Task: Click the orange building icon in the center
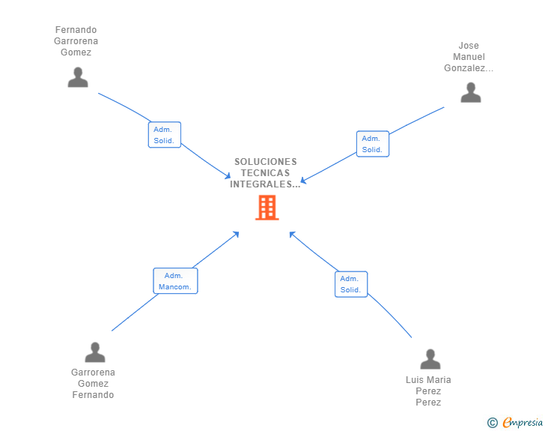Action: pyautogui.click(x=267, y=208)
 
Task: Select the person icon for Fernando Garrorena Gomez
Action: pyautogui.click(x=78, y=77)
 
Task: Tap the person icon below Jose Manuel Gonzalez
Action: pyautogui.click(x=470, y=92)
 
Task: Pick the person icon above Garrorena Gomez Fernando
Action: pyautogui.click(x=95, y=352)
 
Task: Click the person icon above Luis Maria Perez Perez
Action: pyautogui.click(x=430, y=359)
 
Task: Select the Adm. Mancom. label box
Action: pyautogui.click(x=175, y=281)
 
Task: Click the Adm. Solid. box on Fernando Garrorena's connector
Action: pyautogui.click(x=164, y=135)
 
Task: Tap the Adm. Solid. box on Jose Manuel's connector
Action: pyautogui.click(x=372, y=144)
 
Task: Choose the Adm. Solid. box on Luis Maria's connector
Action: pyautogui.click(x=350, y=284)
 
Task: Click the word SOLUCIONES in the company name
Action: pyautogui.click(x=265, y=161)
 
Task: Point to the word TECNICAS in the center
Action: pyautogui.click(x=265, y=173)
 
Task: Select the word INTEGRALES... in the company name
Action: pyautogui.click(x=265, y=184)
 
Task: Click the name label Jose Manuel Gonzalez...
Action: pyautogui.click(x=469, y=57)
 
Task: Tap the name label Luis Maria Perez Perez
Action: pyautogui.click(x=428, y=391)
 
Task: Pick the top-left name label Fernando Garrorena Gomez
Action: pyautogui.click(x=76, y=41)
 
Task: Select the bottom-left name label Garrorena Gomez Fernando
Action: pyautogui.click(x=94, y=384)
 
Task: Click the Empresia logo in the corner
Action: pyautogui.click(x=523, y=423)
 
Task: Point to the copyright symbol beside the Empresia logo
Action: pyautogui.click(x=492, y=423)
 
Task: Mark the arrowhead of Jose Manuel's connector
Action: pyautogui.click(x=302, y=181)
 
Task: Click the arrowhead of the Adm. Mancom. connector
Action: pyautogui.click(x=237, y=234)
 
